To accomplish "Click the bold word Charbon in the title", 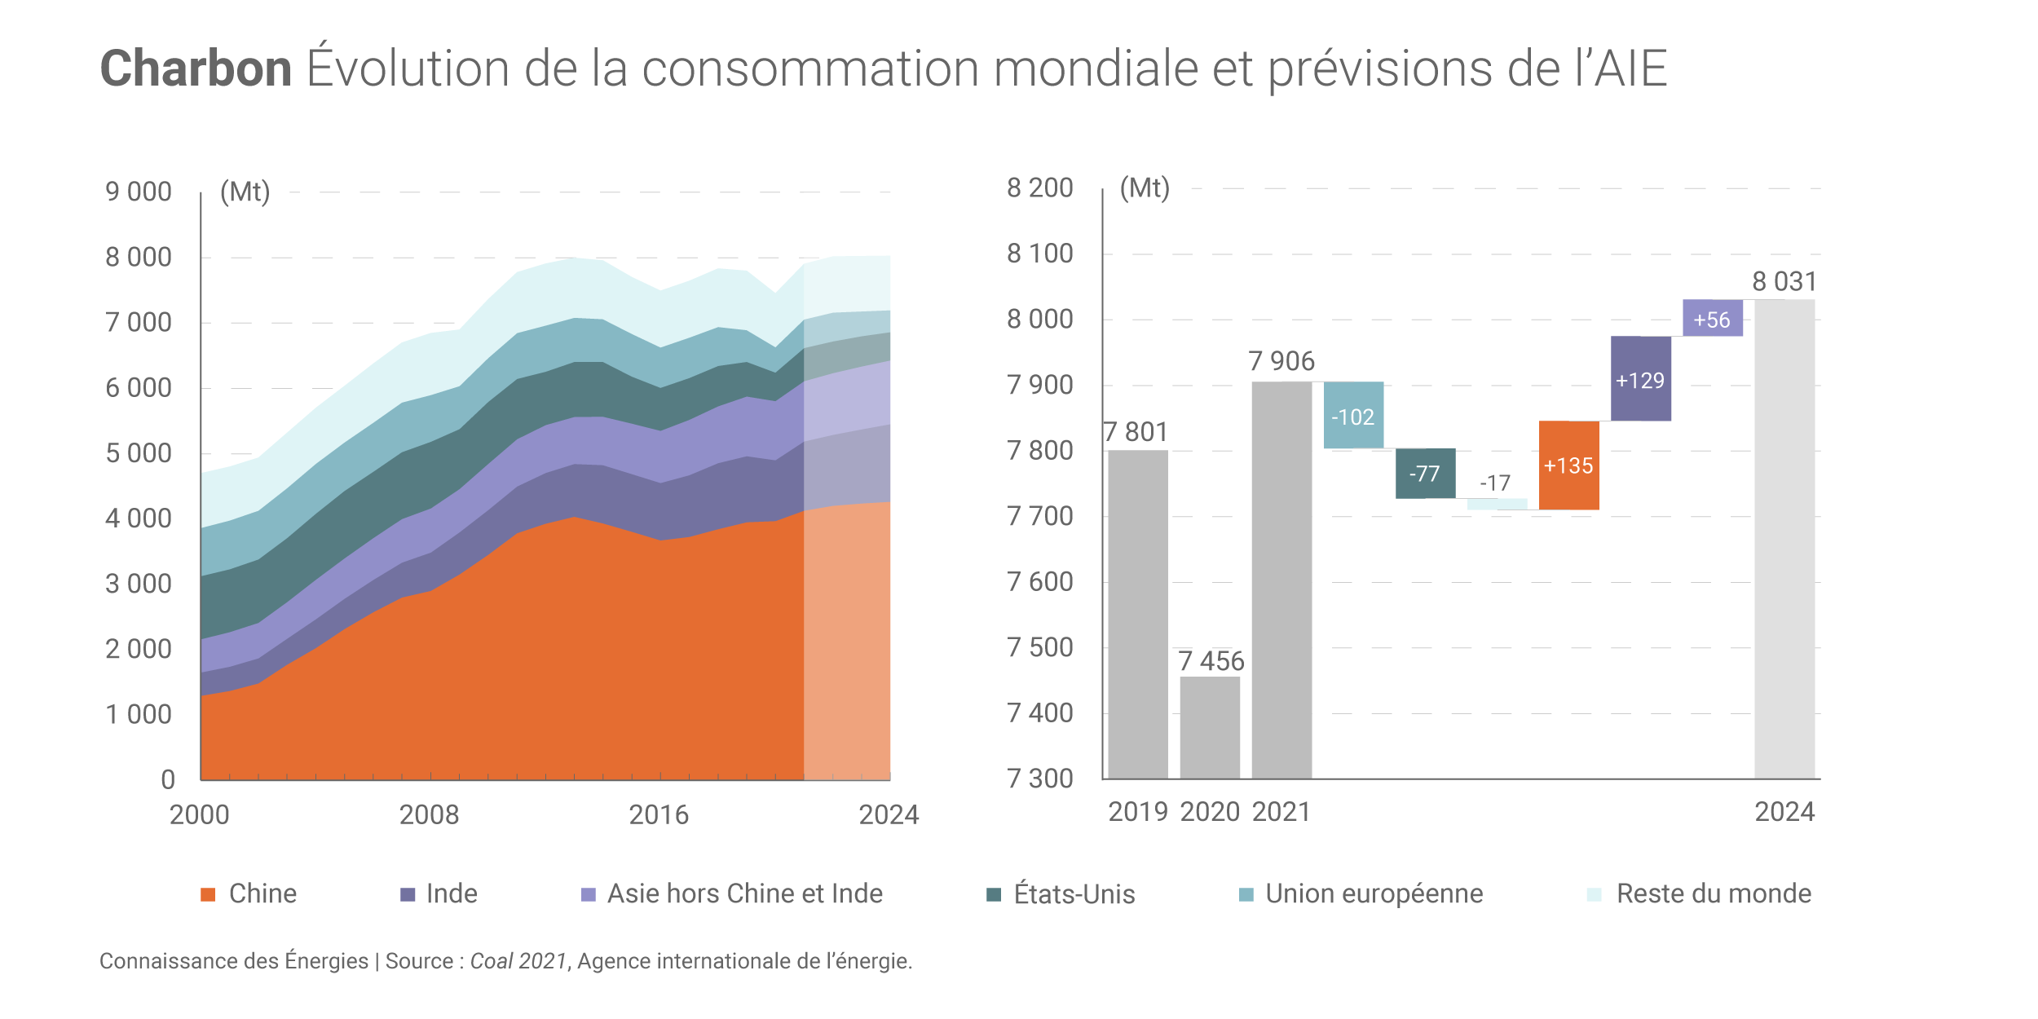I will (x=196, y=68).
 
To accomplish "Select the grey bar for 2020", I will (x=1210, y=726).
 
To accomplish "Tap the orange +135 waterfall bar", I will (x=1568, y=465).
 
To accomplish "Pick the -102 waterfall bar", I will (x=1353, y=415).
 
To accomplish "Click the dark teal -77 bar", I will (x=1425, y=474).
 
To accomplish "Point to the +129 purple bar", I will (x=1640, y=379).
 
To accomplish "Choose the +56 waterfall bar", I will (x=1712, y=318).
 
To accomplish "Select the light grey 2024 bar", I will (x=1784, y=538).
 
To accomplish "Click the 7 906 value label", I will (x=1281, y=361).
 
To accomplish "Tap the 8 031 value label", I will (x=1784, y=282).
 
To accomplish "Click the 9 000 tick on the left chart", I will (x=139, y=192).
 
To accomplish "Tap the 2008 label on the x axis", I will (x=429, y=814).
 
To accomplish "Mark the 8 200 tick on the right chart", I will (x=1039, y=188).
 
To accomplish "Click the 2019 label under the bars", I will (x=1138, y=812).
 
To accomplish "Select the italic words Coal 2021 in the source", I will (x=518, y=962).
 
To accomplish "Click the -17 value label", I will (x=1495, y=483).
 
